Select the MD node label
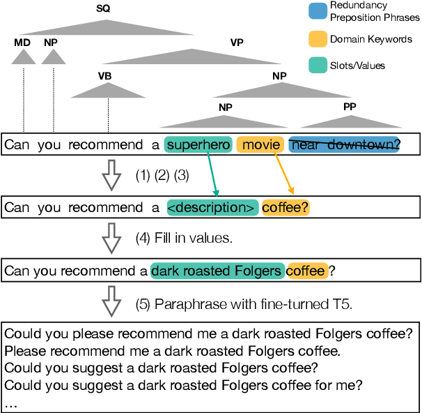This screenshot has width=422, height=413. [x=22, y=43]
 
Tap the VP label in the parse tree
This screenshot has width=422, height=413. [x=237, y=42]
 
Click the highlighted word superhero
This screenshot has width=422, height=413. [x=198, y=145]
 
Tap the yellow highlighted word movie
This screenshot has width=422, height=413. [x=260, y=145]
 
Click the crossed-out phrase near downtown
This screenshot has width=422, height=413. [x=344, y=145]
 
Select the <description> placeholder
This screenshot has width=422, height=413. [x=212, y=207]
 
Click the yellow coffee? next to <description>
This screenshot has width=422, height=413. [x=286, y=207]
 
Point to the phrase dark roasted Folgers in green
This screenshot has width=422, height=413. [x=217, y=270]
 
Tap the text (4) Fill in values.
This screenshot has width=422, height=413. [x=184, y=239]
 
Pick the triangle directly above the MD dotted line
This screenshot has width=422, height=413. [x=22, y=57]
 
